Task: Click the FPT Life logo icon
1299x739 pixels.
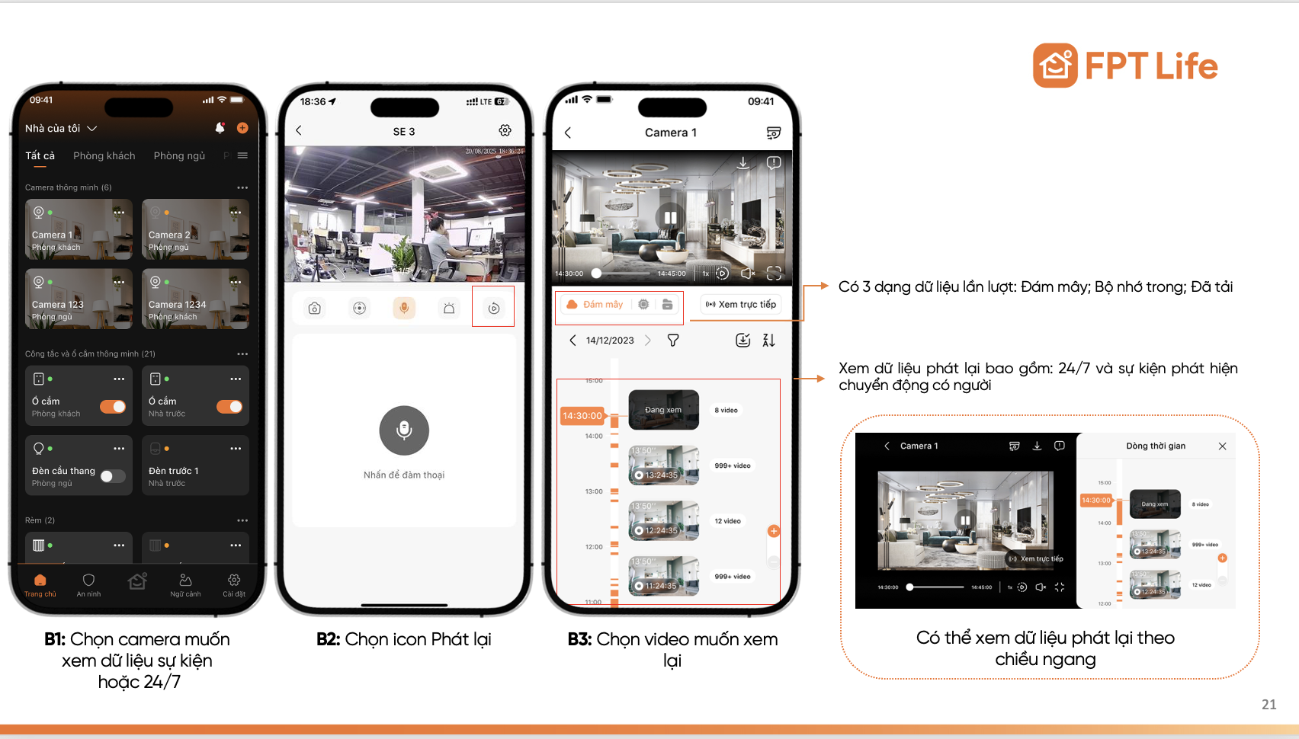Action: (x=1055, y=66)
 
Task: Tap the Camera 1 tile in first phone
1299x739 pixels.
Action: (x=79, y=229)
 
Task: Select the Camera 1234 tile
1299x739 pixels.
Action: (x=195, y=299)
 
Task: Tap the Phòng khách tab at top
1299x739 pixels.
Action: (x=104, y=155)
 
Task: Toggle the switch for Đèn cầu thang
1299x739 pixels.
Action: (x=113, y=476)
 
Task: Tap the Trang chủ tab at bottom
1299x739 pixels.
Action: (x=40, y=584)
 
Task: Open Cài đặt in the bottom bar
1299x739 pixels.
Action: (x=234, y=584)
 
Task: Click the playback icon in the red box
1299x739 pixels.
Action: (x=493, y=308)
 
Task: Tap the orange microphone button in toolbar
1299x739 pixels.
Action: (x=404, y=308)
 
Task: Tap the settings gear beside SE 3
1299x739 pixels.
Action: (x=505, y=131)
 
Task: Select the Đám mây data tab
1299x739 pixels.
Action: (x=595, y=304)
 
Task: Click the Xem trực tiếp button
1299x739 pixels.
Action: (x=741, y=304)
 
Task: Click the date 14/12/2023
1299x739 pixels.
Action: (x=610, y=341)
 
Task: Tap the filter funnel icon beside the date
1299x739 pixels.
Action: (x=673, y=341)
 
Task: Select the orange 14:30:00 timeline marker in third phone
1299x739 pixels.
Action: (x=582, y=416)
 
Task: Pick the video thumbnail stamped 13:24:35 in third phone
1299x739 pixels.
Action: (x=663, y=465)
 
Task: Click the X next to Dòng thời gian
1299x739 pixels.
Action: (x=1222, y=446)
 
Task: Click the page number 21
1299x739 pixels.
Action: (x=1269, y=705)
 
